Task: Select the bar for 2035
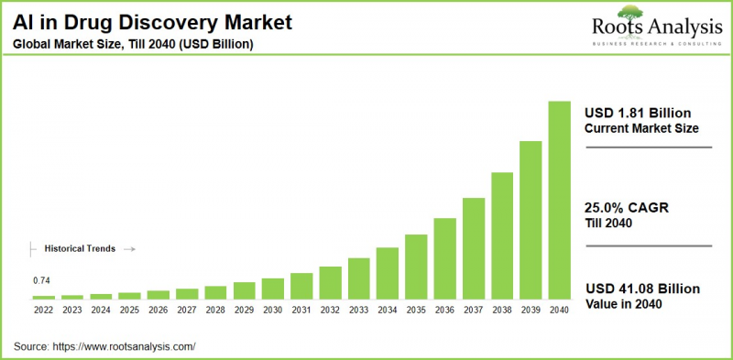417,267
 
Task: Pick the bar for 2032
331,282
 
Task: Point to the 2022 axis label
44,311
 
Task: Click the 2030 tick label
273,311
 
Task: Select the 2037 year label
474,311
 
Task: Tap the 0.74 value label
41,280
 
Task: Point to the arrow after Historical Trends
129,248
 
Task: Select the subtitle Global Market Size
134,44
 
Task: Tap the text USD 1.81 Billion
637,112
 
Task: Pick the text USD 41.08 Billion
641,289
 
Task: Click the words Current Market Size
641,128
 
